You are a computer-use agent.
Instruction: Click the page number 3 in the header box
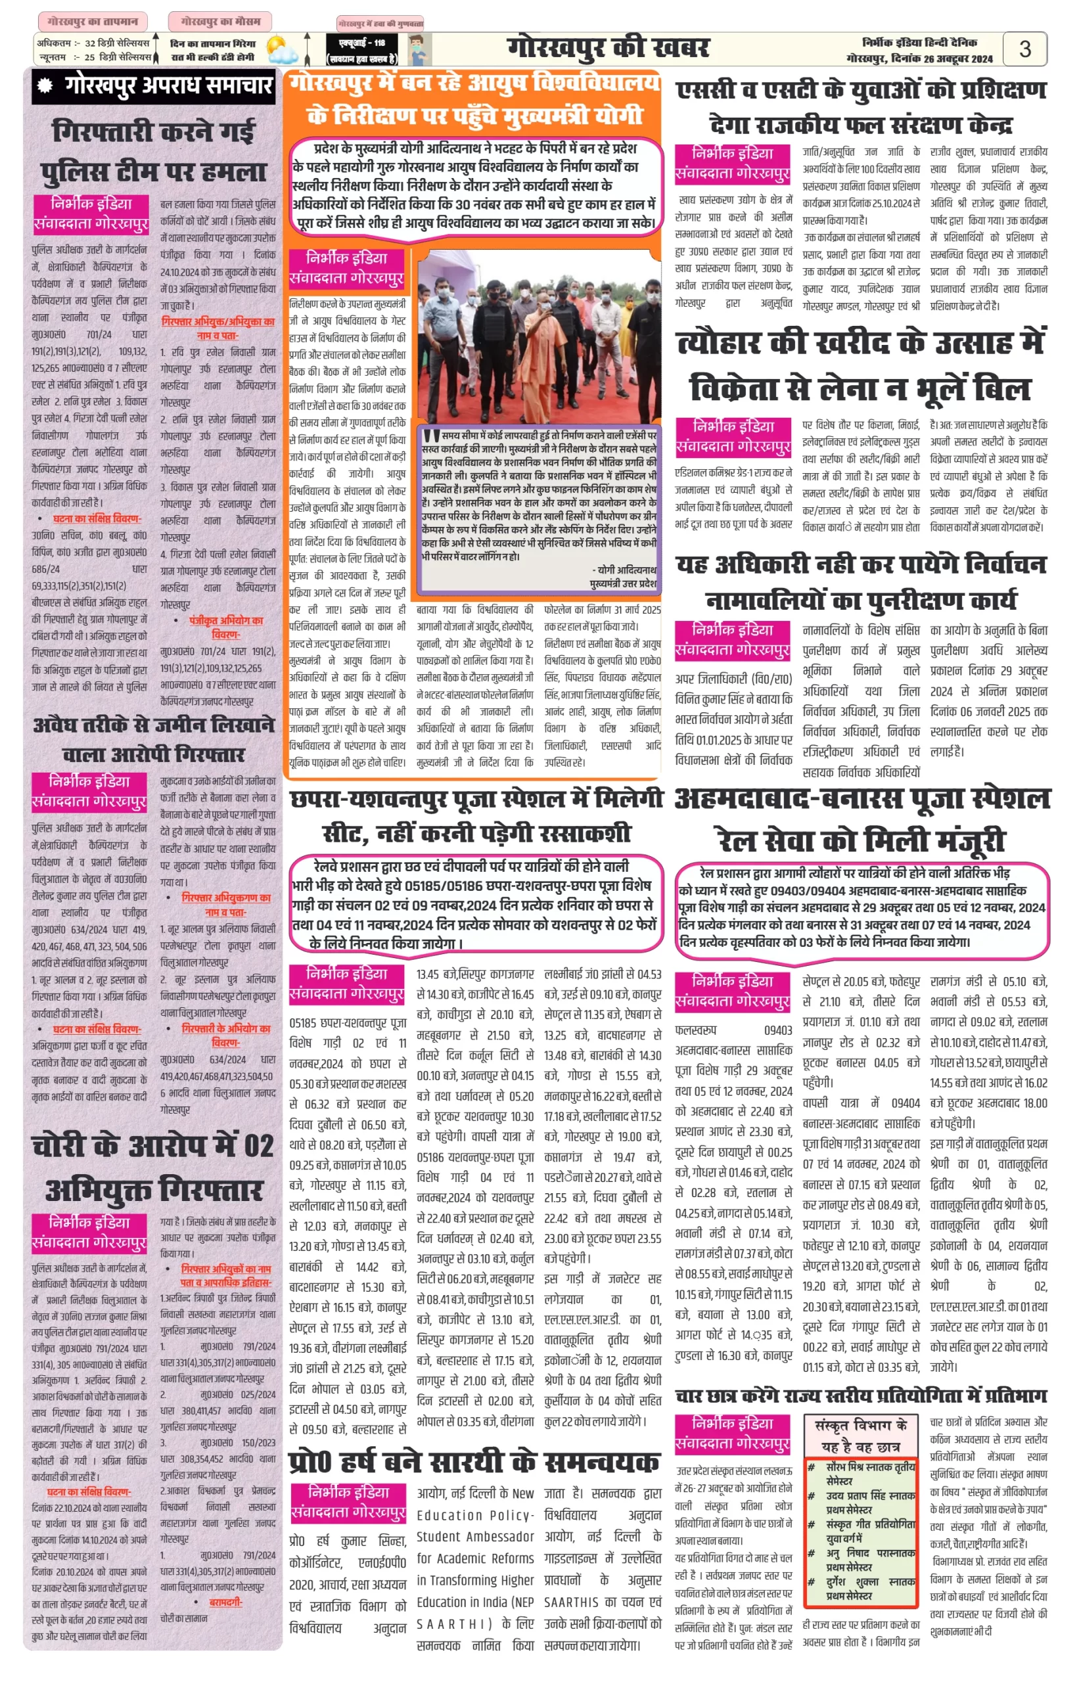click(x=1024, y=49)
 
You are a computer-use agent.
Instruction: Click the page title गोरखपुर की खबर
click(x=607, y=49)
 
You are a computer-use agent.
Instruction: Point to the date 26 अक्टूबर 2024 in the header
click(x=957, y=59)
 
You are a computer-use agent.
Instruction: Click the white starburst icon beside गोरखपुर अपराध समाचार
click(x=46, y=85)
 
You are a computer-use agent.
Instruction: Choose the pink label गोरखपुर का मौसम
click(x=220, y=21)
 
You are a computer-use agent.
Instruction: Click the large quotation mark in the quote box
click(x=431, y=436)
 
